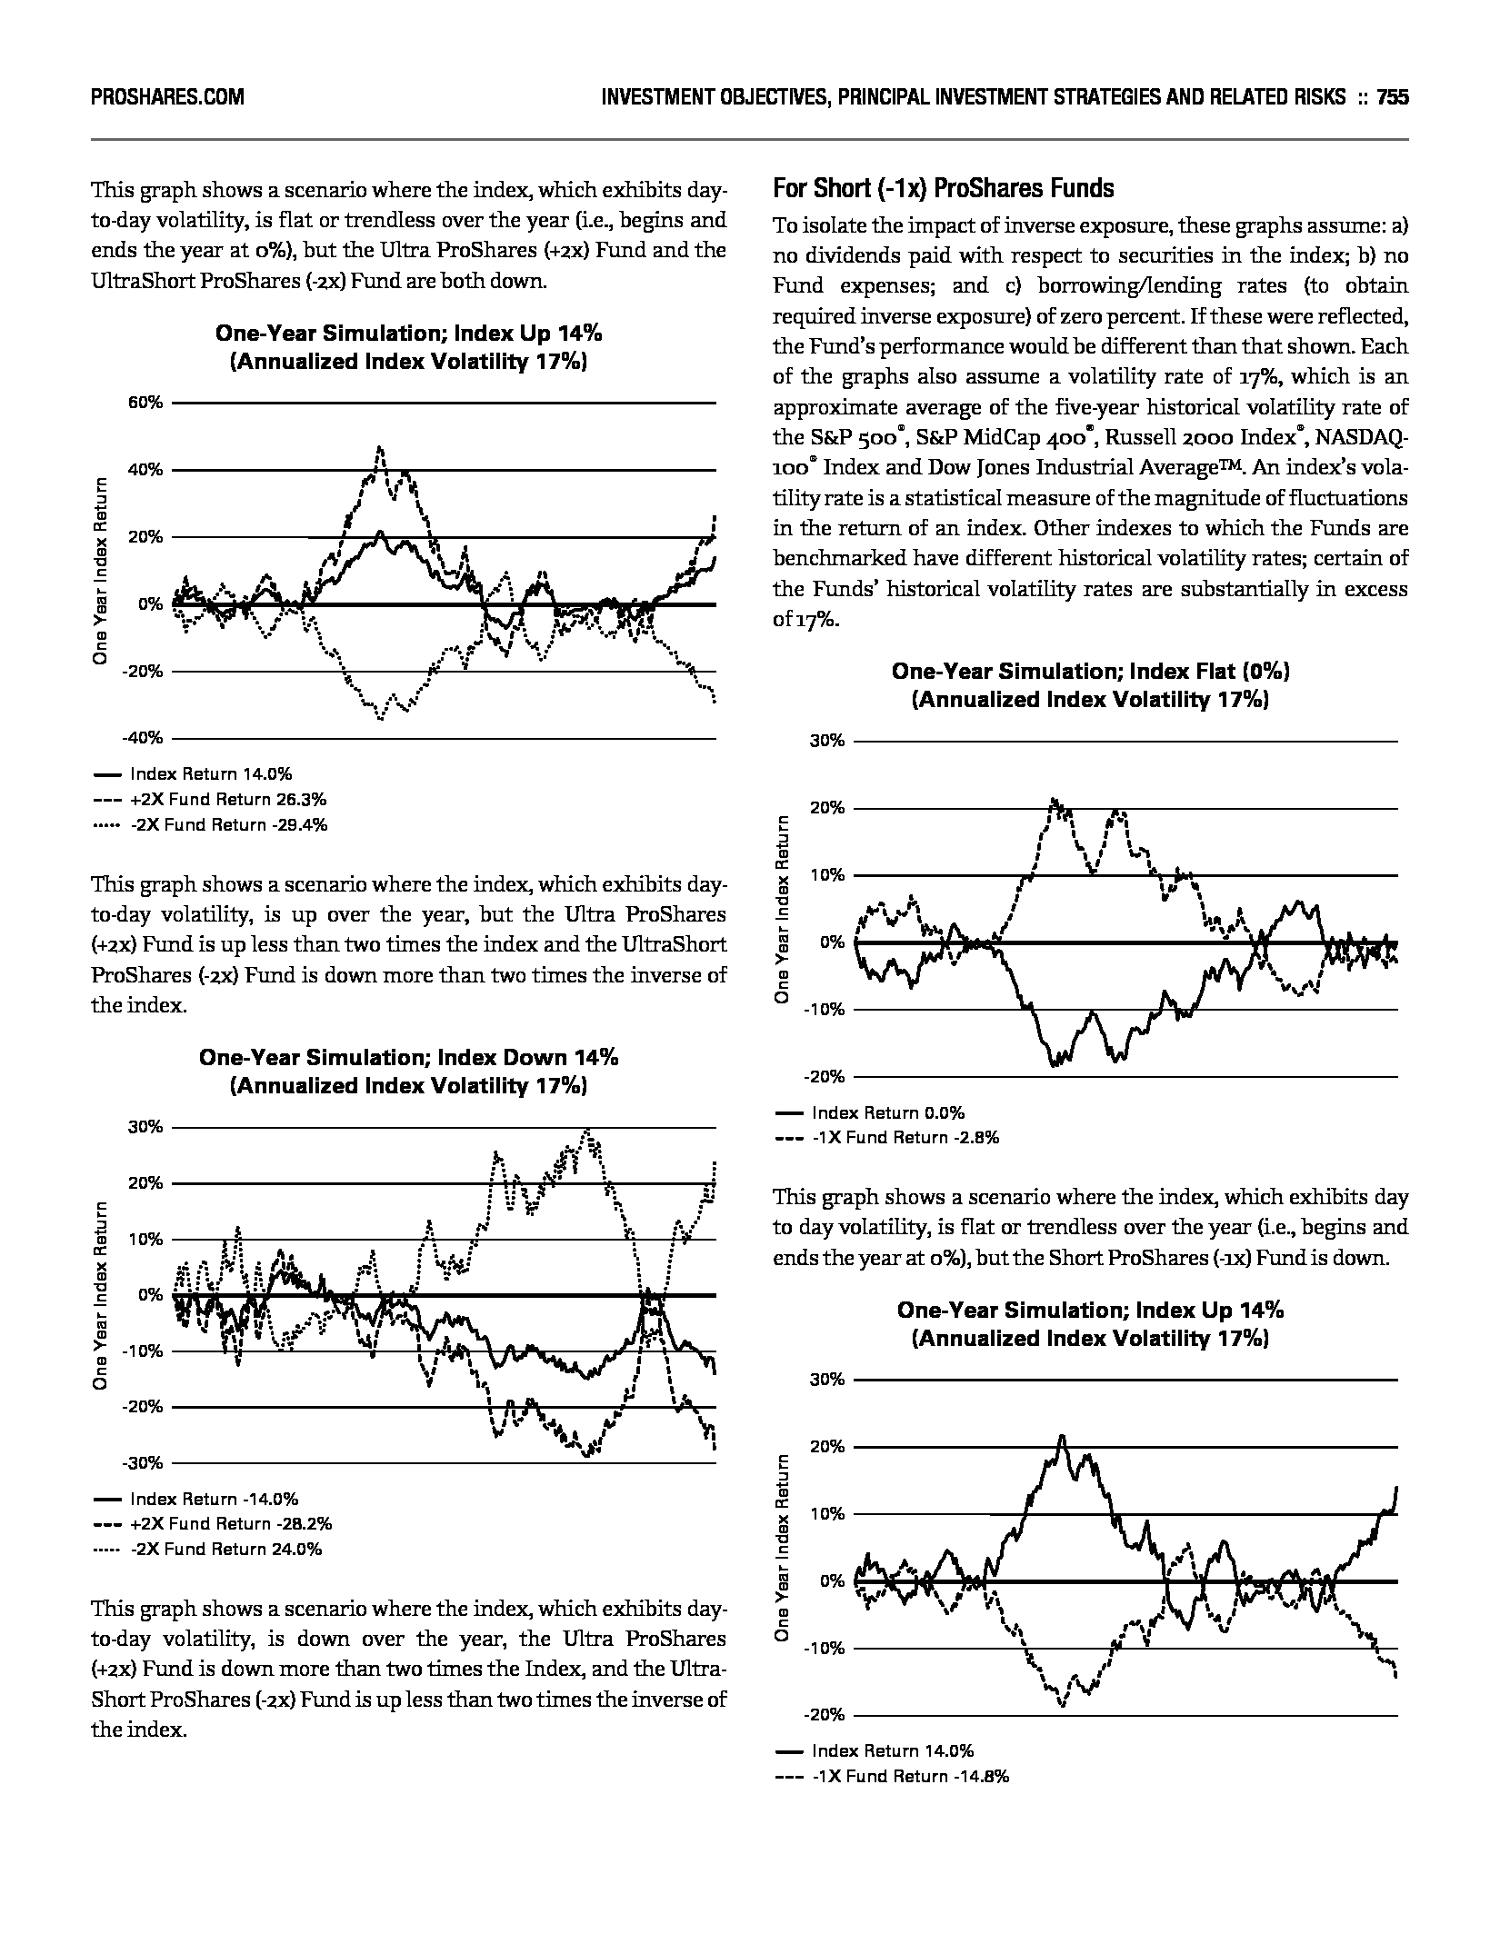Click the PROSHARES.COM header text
[167, 97]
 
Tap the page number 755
[1392, 97]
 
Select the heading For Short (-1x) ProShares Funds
[943, 189]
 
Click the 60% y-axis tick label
[146, 403]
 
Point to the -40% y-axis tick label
[145, 738]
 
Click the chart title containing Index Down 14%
[408, 1058]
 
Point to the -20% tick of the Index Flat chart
[826, 1077]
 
